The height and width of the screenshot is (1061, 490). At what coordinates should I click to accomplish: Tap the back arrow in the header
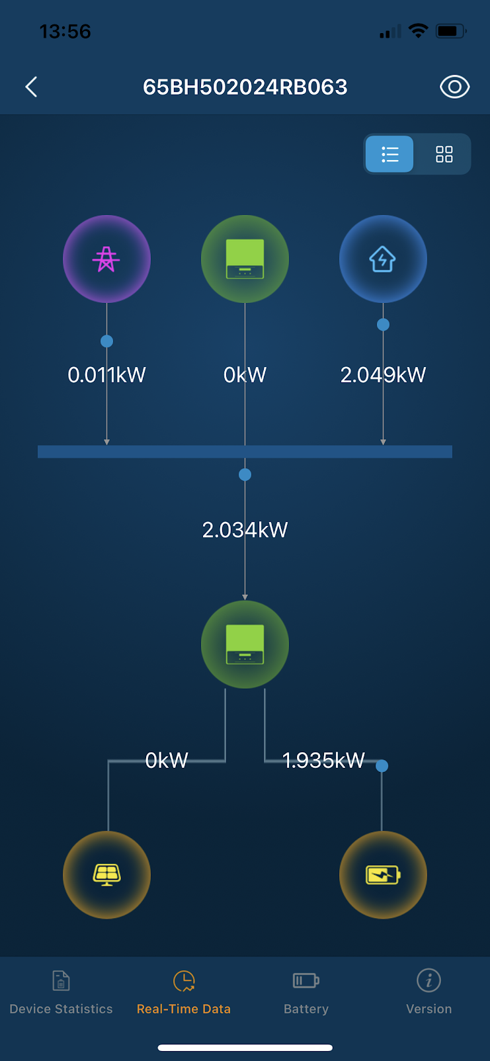click(x=31, y=87)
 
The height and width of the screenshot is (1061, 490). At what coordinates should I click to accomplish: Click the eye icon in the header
click(x=454, y=87)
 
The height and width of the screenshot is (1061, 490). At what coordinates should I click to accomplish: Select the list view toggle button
click(x=389, y=154)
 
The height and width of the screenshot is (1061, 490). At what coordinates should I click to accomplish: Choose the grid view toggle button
click(x=444, y=154)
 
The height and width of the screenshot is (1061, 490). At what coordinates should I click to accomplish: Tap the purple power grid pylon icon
click(x=106, y=259)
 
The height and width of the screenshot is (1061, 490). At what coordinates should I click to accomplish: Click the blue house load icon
click(x=383, y=259)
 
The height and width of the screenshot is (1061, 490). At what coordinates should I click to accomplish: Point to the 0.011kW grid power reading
click(x=106, y=375)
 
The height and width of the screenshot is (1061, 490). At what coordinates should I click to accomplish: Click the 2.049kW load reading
click(x=383, y=375)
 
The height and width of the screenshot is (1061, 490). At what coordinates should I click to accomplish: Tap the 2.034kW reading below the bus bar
click(x=245, y=530)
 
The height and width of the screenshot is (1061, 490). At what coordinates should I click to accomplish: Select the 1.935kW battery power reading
click(x=323, y=761)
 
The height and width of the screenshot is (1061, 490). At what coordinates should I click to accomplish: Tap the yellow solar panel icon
click(x=106, y=874)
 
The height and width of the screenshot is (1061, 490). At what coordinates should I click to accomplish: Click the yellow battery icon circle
click(x=383, y=874)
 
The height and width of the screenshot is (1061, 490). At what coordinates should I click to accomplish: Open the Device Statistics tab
click(x=61, y=992)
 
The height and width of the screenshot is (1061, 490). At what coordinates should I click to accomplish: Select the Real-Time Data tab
click(x=184, y=992)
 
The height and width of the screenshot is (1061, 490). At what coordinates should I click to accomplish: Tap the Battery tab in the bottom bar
click(x=306, y=992)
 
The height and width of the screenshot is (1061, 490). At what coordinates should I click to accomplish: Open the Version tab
click(x=429, y=992)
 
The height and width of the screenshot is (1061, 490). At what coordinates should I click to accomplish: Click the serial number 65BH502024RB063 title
click(x=245, y=87)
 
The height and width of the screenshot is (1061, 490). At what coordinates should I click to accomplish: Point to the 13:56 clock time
click(x=65, y=31)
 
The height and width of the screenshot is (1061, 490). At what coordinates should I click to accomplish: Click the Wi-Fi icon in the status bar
click(x=418, y=30)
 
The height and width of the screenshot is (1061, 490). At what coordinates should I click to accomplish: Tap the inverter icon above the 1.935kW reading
click(x=245, y=644)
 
